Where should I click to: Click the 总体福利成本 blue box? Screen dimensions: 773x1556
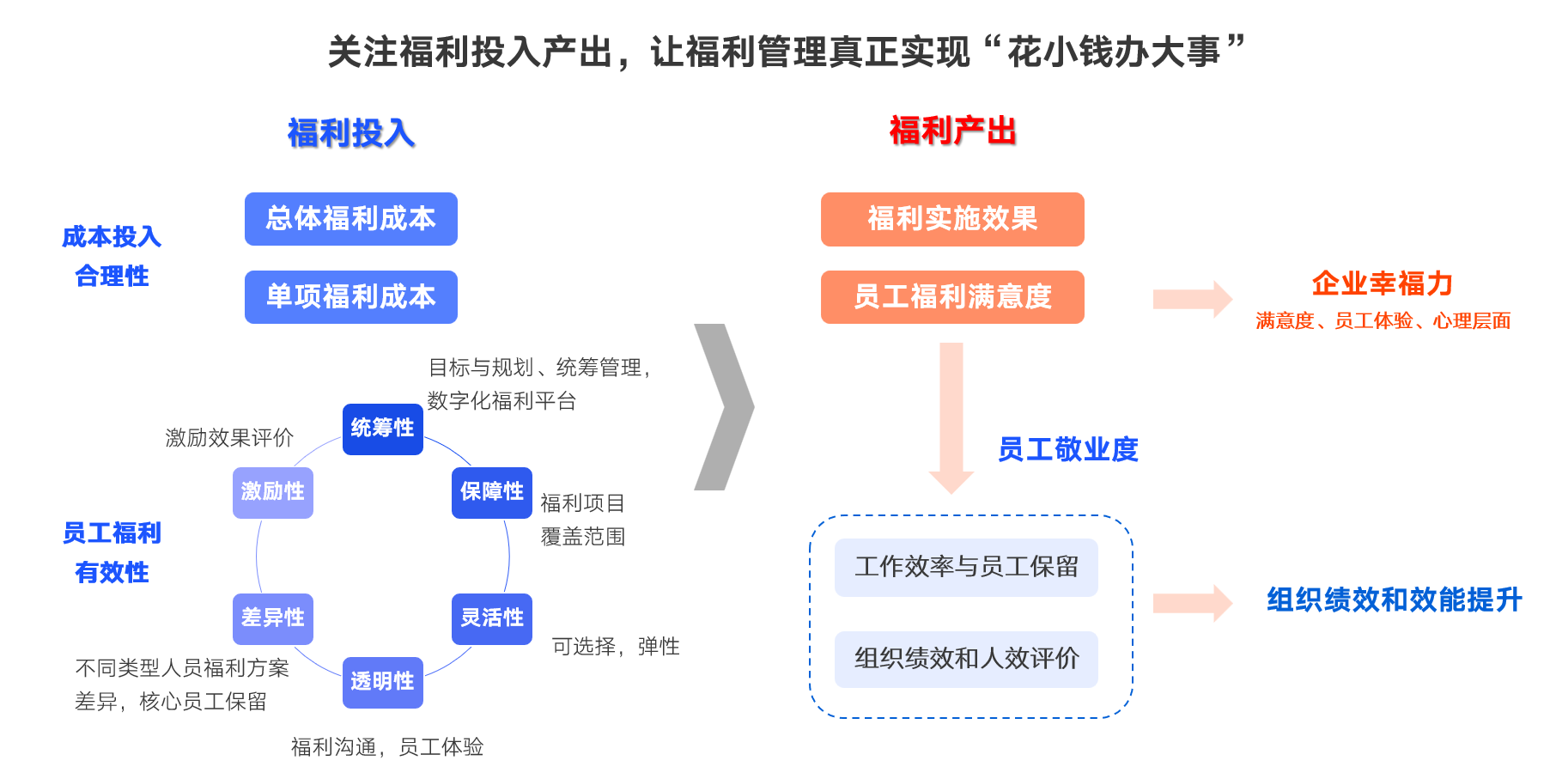click(350, 219)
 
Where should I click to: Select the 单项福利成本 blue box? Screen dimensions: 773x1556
click(350, 297)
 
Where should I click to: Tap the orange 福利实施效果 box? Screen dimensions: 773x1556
click(952, 219)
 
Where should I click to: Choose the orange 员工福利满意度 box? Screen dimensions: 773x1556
click(952, 297)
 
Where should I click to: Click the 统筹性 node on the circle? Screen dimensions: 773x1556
click(382, 429)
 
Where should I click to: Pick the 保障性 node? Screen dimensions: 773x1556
click(492, 492)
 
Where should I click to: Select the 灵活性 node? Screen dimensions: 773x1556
click(492, 618)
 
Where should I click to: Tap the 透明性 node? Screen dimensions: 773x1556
click(382, 682)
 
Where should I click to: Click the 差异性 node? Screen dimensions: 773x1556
click(273, 618)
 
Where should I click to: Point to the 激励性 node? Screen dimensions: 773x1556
click(273, 492)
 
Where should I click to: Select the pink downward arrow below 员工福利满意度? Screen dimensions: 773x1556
click(951, 417)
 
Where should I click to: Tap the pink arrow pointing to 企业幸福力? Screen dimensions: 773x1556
click(1192, 300)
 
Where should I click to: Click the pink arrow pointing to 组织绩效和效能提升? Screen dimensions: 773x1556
click(1192, 603)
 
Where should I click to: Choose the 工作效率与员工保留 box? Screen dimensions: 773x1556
click(966, 567)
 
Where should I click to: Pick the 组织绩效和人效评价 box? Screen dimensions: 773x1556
click(966, 659)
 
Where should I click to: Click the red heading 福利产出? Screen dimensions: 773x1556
click(952, 131)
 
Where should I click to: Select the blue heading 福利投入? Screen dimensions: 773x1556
click(350, 133)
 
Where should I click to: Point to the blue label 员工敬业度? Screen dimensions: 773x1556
click(1067, 449)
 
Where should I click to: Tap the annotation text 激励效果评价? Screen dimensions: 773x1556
click(229, 438)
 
